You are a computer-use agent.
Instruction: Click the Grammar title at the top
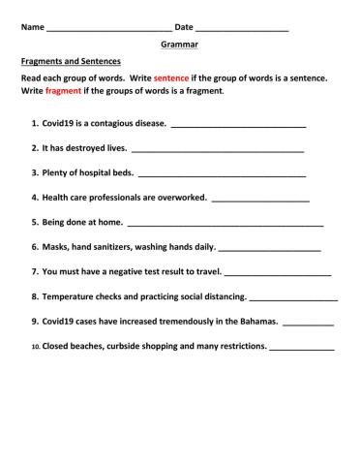179,45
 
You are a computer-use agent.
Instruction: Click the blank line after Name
108,29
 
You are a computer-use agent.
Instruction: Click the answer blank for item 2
217,150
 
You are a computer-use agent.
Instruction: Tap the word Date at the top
184,27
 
